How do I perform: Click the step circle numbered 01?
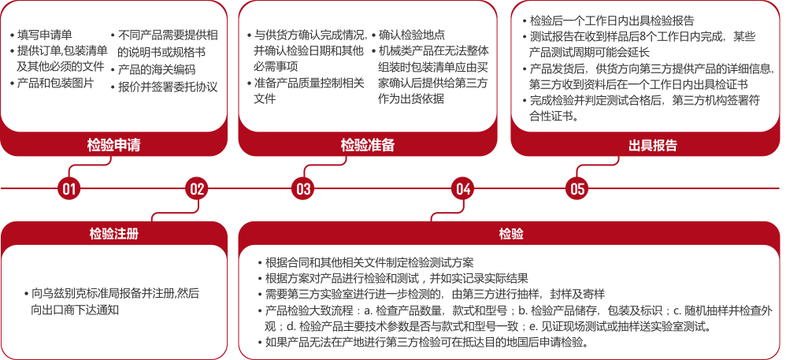click(x=69, y=188)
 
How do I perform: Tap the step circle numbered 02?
click(x=197, y=188)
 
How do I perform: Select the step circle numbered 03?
click(x=303, y=188)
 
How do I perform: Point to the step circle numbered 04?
click(x=462, y=188)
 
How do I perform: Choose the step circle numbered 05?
click(x=577, y=188)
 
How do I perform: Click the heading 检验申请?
click(x=113, y=145)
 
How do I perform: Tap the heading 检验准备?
click(x=368, y=145)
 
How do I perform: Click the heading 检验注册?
click(x=113, y=234)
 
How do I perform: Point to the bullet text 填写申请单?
click(x=45, y=35)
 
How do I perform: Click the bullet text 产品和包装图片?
click(x=55, y=83)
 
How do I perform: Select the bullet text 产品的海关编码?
click(x=157, y=69)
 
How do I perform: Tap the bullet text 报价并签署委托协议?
click(x=168, y=87)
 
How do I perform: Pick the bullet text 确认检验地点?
click(x=411, y=35)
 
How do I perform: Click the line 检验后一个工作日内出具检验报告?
click(x=612, y=20)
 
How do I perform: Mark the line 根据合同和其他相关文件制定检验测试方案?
click(x=369, y=262)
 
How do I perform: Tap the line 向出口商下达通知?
click(x=75, y=310)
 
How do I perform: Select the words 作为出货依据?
click(x=411, y=98)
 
